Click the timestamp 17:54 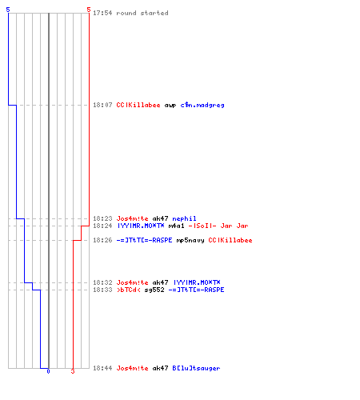click(x=102, y=13)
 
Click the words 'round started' click(x=142, y=13)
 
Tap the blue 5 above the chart click(x=8, y=10)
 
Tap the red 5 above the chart click(x=89, y=10)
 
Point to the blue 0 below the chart click(x=48, y=371)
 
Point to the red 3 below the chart click(x=73, y=371)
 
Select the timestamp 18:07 click(x=102, y=105)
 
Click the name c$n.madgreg click(x=202, y=105)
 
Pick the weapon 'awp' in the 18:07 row click(x=170, y=106)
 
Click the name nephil click(x=184, y=218)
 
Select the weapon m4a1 click(x=176, y=226)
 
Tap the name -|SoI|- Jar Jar click(x=218, y=226)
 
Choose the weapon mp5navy click(x=190, y=240)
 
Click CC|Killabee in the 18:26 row click(x=230, y=240)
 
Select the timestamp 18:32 click(x=102, y=282)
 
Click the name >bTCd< click(x=129, y=290)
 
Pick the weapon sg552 click(x=154, y=290)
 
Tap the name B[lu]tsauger click(x=196, y=368)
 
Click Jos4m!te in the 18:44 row click(x=132, y=368)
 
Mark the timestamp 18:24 click(x=102, y=226)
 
